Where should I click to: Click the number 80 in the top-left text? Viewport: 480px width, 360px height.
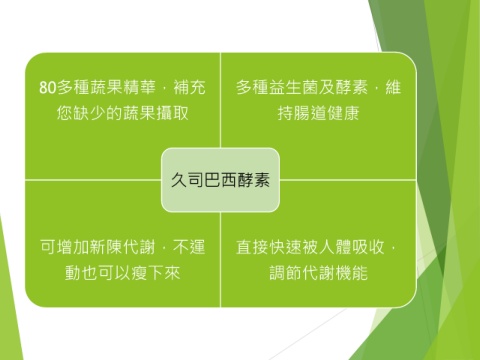pyautogui.click(x=48, y=87)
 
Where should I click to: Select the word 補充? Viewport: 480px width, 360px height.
pyautogui.click(x=189, y=87)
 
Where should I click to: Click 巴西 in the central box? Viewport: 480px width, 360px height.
pyautogui.click(x=220, y=180)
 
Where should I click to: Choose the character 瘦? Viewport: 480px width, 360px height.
pyautogui.click(x=139, y=273)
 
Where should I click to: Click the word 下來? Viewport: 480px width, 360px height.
pyautogui.click(x=164, y=273)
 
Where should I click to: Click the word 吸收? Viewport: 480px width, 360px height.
pyautogui.click(x=368, y=247)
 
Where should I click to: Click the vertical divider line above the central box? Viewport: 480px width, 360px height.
pyautogui.click(x=220, y=100)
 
